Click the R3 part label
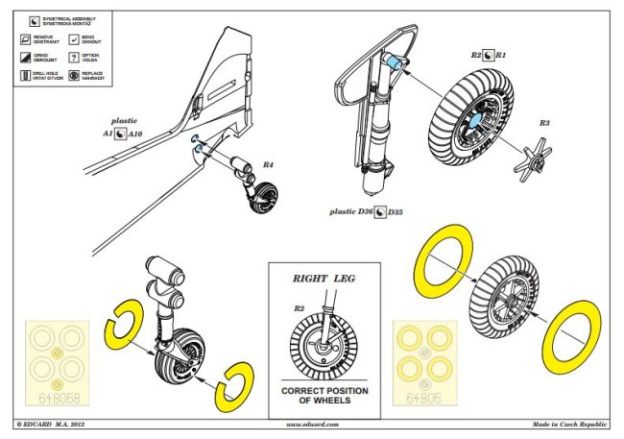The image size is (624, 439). click(x=544, y=123)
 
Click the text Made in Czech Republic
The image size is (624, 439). click(x=571, y=424)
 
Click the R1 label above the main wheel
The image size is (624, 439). click(x=500, y=57)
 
